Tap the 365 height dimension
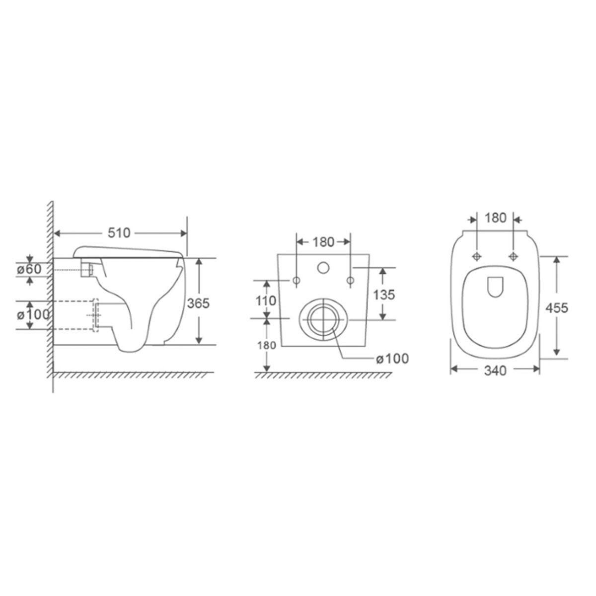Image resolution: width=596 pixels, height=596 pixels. [198, 303]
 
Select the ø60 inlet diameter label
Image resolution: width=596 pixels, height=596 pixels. [29, 269]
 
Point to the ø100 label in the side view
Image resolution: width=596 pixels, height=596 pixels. [33, 314]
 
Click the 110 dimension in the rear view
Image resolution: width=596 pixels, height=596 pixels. [266, 300]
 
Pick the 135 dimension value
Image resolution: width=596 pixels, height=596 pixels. [384, 295]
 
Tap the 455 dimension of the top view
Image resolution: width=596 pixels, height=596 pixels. [557, 308]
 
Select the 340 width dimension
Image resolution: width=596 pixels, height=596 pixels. [495, 371]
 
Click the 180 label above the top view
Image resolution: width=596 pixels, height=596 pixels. [496, 218]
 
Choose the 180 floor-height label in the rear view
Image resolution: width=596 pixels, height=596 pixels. [267, 346]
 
